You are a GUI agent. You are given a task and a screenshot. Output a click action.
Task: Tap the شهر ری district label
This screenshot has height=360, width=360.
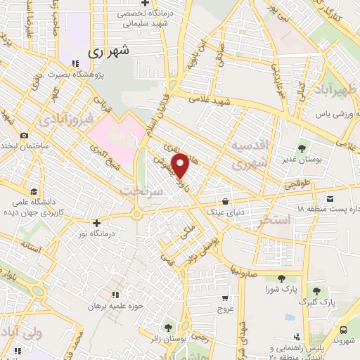tap(110, 52)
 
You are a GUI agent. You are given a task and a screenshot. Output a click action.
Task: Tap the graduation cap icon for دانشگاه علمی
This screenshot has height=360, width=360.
tap(34, 191)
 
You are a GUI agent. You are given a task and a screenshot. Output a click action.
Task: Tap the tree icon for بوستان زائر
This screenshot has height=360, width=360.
tap(168, 328)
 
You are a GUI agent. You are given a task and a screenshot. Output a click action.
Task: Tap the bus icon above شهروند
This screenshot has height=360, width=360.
tap(342, 330)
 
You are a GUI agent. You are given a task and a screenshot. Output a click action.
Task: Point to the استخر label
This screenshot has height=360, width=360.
tap(275, 220)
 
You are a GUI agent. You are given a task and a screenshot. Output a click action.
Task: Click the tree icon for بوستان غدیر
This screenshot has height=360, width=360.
tap(302, 148)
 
